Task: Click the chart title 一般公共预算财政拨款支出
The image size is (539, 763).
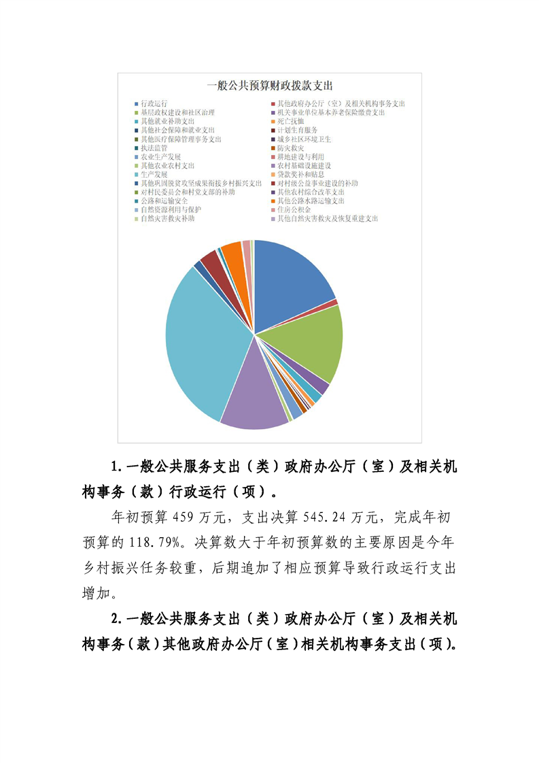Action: point(269,86)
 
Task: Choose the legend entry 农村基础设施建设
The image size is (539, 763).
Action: point(304,165)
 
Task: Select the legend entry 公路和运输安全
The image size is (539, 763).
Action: point(164,201)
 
